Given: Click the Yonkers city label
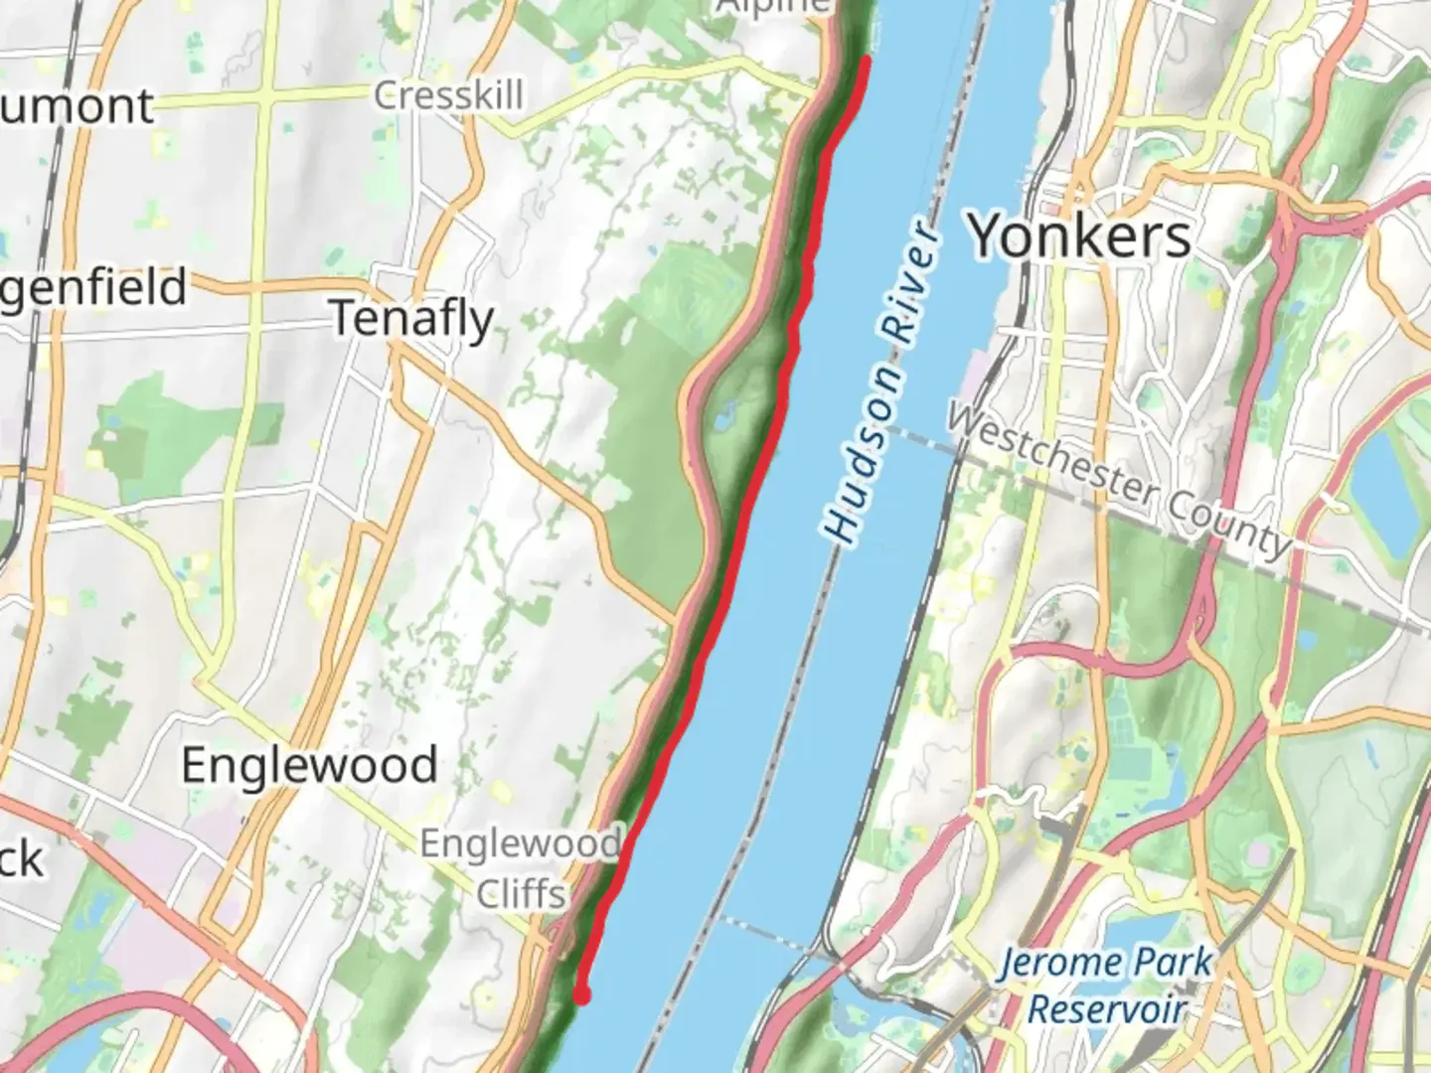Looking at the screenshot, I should click(x=1080, y=236).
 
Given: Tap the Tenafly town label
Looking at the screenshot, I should click(x=411, y=320).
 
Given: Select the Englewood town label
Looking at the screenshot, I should click(x=309, y=765).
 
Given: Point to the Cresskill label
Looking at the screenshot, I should click(x=448, y=95).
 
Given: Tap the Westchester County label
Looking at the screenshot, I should click(x=1118, y=480).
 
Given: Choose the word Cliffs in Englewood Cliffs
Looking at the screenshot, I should click(x=521, y=893).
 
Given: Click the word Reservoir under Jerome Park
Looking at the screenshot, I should click(x=1107, y=1009).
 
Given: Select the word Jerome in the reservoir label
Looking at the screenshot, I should click(x=1053, y=963).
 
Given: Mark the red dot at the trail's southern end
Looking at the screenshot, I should click(x=582, y=995).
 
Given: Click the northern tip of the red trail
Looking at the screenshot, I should click(x=867, y=62).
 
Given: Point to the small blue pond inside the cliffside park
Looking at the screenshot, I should click(x=723, y=416).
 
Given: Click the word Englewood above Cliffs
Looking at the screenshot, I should click(x=520, y=844).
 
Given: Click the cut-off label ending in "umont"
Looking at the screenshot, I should click(x=78, y=106).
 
